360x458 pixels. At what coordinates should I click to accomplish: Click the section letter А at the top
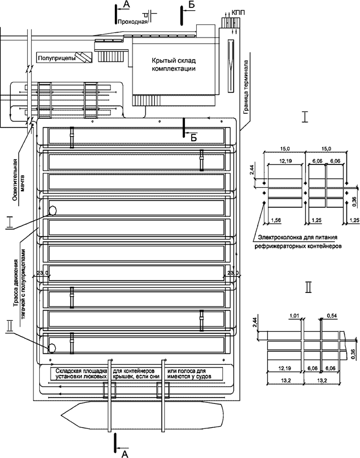(x=126, y=5)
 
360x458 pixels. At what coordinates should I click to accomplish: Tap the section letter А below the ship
(x=125, y=453)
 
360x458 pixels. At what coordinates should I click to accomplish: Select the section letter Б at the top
(x=192, y=5)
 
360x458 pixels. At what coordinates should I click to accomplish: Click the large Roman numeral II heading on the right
(x=308, y=287)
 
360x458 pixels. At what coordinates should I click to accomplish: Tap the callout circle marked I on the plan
(x=52, y=210)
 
